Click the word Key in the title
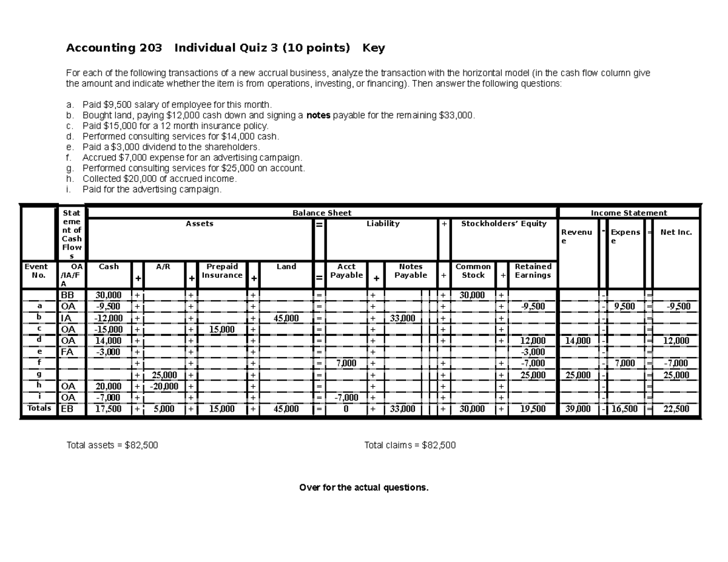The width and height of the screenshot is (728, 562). [373, 48]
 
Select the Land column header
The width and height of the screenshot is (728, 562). [286, 267]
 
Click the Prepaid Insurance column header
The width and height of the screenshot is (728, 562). [222, 271]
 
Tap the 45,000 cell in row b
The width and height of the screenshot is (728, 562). [286, 318]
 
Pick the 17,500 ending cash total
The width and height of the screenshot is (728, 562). [109, 409]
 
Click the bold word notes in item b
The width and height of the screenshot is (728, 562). [318, 115]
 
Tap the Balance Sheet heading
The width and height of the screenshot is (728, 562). [322, 213]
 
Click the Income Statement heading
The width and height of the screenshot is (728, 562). [629, 213]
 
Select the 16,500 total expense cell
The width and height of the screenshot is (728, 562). [625, 409]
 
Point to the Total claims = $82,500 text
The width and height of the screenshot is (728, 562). [409, 446]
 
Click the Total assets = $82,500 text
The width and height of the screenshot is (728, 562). [112, 446]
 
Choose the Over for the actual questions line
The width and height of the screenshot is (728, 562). [364, 488]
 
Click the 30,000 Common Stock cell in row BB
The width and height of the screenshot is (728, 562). [472, 295]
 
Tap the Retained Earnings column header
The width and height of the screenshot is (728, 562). [533, 271]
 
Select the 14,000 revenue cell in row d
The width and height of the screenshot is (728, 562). [578, 341]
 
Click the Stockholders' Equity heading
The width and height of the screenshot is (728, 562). [504, 224]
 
